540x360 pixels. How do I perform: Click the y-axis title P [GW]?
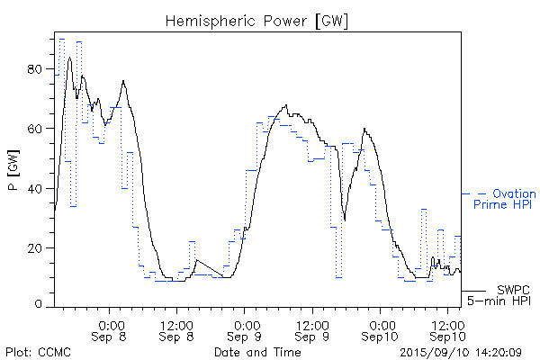pos(13,172)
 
